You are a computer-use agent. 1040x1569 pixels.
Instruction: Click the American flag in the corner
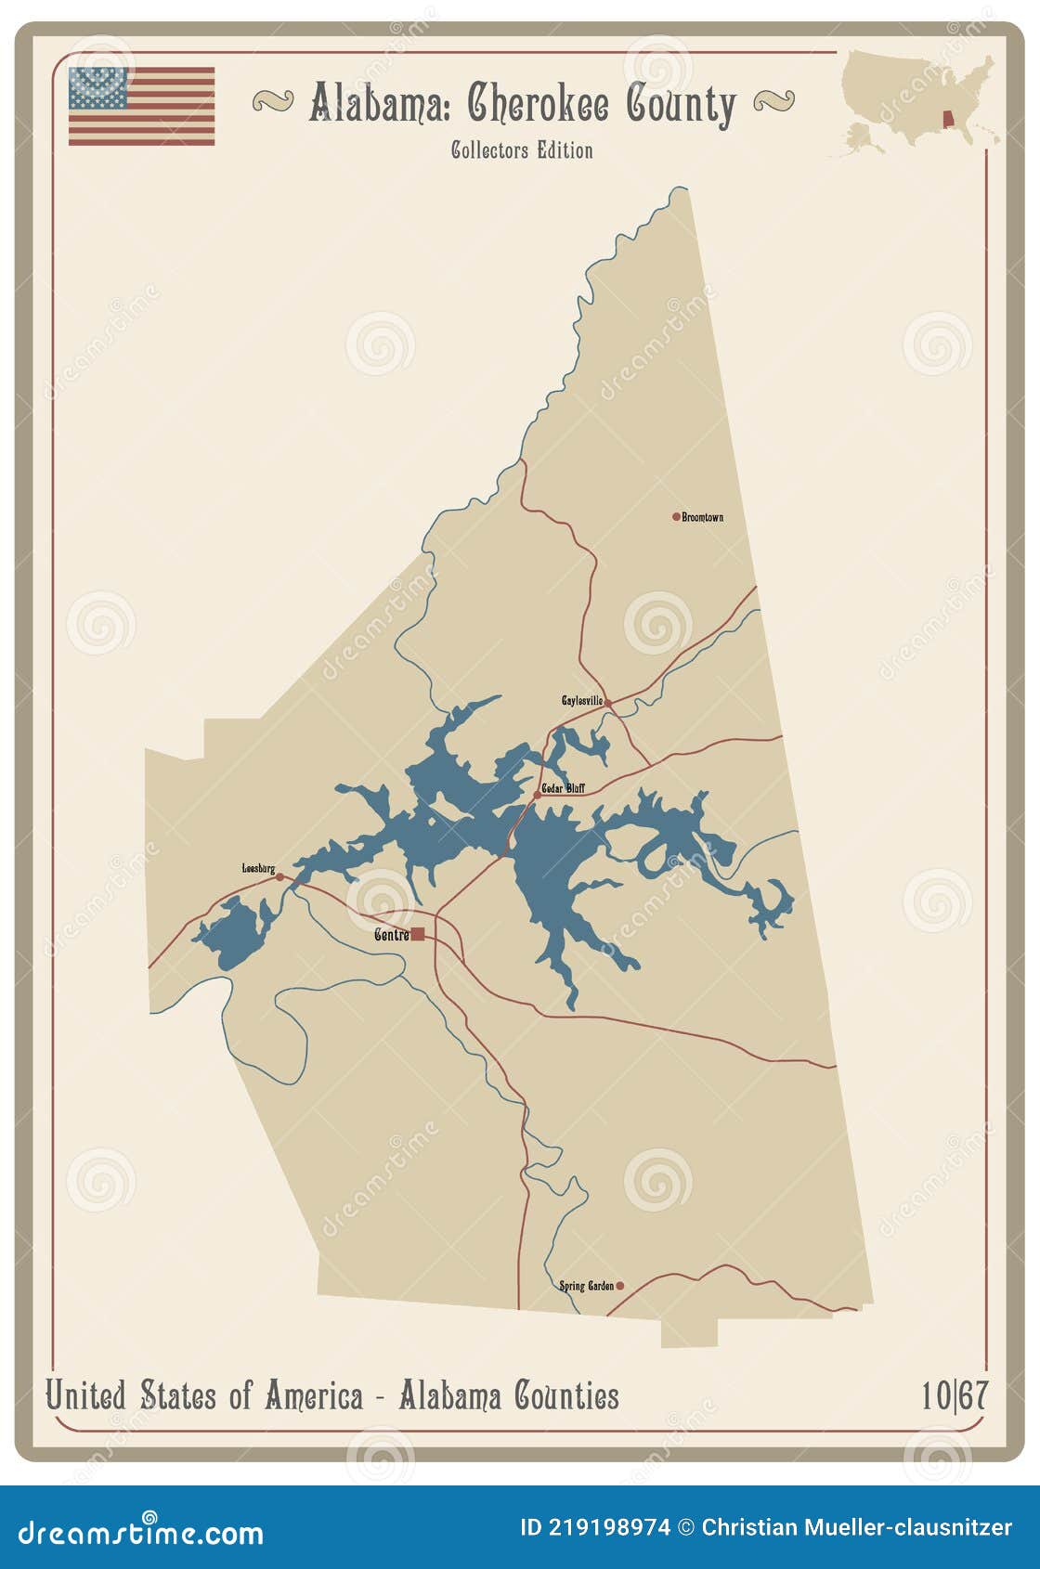click(141, 106)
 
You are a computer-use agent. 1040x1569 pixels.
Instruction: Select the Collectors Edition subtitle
click(522, 150)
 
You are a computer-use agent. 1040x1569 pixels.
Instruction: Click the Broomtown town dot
click(676, 516)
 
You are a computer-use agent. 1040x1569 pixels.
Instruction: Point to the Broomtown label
click(703, 517)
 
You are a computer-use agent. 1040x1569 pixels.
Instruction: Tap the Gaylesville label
click(581, 701)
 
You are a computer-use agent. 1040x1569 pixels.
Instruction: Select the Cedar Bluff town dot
click(537, 795)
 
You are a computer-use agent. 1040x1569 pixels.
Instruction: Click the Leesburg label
click(258, 868)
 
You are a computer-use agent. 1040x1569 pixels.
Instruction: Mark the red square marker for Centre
click(418, 934)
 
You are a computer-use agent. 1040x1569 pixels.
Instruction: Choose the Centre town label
click(391, 935)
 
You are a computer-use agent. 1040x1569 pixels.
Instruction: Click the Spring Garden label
click(586, 1286)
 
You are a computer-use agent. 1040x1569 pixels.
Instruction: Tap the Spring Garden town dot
click(620, 1286)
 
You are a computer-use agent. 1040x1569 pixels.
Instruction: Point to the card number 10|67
click(954, 1395)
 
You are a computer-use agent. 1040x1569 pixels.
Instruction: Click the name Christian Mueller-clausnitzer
click(856, 1527)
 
